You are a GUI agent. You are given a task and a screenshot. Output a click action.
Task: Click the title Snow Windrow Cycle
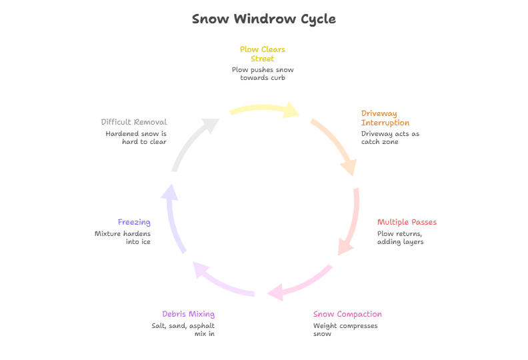pos(263,19)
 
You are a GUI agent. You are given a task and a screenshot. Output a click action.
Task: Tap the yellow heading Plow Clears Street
pos(263,54)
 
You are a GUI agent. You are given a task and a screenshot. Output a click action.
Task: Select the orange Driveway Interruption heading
pos(385,118)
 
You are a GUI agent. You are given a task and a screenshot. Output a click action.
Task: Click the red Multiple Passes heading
pos(407,222)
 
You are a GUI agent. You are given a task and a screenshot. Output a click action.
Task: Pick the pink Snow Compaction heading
pos(347,314)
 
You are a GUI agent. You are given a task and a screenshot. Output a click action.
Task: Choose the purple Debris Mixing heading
pos(188,314)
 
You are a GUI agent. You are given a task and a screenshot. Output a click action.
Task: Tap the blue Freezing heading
pos(134,222)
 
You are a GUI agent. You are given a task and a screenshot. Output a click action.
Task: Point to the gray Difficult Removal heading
pos(133,123)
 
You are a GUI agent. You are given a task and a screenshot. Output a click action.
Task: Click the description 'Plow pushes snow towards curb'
pos(263,73)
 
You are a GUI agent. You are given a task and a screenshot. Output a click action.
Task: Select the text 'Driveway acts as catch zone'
pos(390,137)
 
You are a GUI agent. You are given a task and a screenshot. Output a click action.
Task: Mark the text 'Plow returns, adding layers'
pos(400,237)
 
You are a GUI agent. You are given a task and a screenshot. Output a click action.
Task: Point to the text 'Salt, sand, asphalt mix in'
pos(183,329)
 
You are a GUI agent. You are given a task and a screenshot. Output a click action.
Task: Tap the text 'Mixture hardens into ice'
pos(123,237)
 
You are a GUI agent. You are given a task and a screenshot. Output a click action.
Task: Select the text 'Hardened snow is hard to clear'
pos(135,137)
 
